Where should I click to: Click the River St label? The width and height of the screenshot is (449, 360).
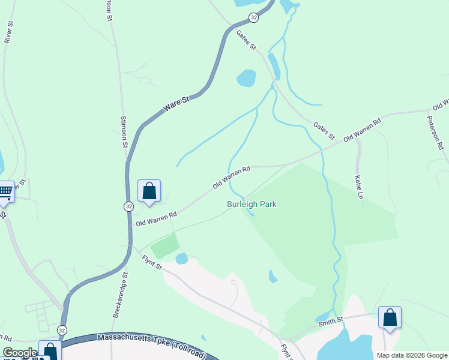9,32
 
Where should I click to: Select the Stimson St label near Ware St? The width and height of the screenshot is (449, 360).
124,132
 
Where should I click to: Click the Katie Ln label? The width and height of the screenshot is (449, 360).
358,187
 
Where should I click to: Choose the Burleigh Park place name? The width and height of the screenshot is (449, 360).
252,204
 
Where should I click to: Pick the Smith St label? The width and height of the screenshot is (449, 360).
331,322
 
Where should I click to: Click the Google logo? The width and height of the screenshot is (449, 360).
20,353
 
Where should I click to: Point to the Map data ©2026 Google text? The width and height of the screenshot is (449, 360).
411,355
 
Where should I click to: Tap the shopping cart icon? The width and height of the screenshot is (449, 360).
5,192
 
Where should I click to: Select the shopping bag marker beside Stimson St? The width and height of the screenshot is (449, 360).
149,191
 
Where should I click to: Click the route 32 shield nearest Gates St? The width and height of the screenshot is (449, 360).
254,18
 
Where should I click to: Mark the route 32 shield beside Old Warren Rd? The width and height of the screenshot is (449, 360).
128,206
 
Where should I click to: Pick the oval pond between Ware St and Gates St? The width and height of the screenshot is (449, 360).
246,78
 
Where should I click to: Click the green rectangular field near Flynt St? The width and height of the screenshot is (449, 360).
164,246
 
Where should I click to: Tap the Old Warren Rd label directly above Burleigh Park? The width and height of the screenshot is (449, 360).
232,178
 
